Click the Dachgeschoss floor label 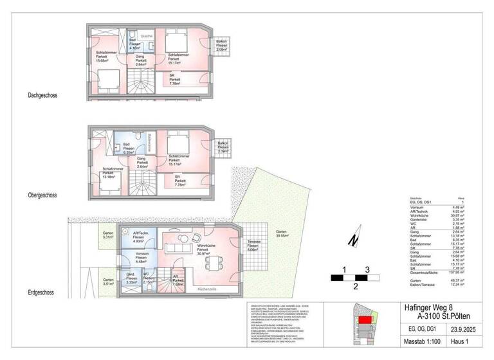[x=42, y=95]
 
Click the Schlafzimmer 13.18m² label [x=111, y=174]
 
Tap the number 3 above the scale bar [x=367, y=269]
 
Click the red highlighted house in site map [x=365, y=319]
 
